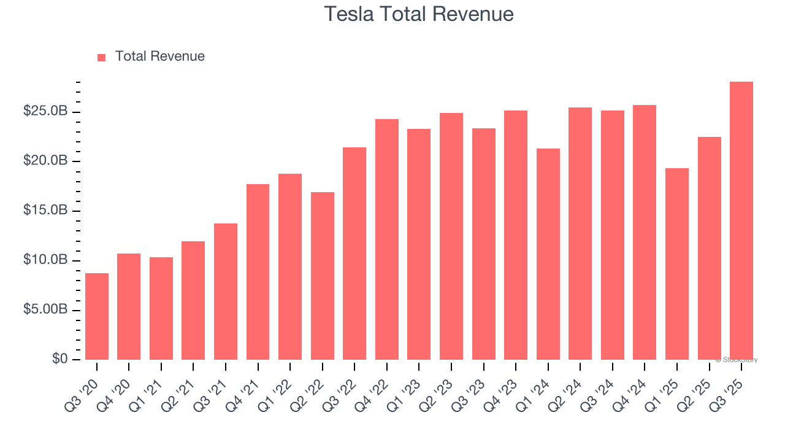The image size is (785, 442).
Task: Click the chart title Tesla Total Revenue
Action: pos(418,14)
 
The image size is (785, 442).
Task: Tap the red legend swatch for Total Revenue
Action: pos(102,57)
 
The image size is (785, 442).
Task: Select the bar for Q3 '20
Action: pos(97,316)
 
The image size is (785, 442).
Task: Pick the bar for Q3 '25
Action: pos(741,221)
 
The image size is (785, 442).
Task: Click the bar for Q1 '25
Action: pos(677,264)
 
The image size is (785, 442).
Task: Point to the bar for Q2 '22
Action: pos(323,276)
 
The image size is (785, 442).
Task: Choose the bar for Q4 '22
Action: pos(387,239)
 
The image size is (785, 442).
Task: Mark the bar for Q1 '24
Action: pos(548,254)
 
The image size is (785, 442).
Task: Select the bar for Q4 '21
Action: pos(258,272)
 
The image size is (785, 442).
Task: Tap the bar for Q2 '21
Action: pos(193,301)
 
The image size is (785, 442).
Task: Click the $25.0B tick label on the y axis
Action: pos(45,111)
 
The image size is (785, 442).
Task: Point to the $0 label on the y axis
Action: pos(60,359)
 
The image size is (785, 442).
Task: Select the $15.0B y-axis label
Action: pos(45,211)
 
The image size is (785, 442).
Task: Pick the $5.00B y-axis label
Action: pos(45,309)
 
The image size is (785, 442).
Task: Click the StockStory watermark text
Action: pos(737,360)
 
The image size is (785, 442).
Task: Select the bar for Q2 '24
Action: pos(580,233)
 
